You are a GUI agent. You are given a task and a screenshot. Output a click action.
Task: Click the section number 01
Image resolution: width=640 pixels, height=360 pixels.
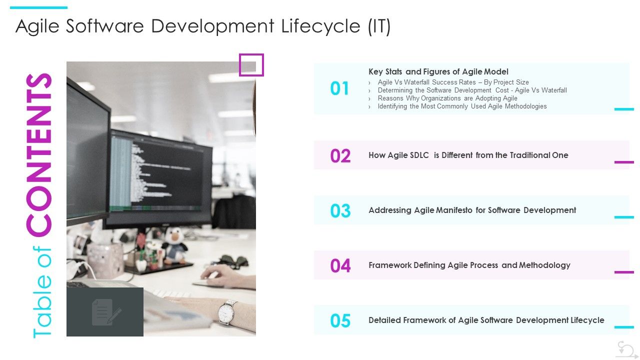pyautogui.click(x=339, y=88)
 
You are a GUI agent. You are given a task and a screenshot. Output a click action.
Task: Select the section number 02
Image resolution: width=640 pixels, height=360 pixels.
pyautogui.click(x=340, y=156)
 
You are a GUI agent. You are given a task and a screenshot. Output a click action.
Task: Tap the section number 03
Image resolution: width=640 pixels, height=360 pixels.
pyautogui.click(x=340, y=211)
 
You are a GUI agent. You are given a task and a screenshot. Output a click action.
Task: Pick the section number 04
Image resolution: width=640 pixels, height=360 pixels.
pyautogui.click(x=340, y=266)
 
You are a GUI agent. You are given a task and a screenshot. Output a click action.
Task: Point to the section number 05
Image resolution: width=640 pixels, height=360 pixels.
pyautogui.click(x=340, y=321)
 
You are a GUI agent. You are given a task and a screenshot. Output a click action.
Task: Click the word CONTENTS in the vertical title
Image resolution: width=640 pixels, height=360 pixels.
pyautogui.click(x=40, y=155)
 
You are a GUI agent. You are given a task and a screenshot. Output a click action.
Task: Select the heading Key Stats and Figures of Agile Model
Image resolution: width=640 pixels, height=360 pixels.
pyautogui.click(x=438, y=71)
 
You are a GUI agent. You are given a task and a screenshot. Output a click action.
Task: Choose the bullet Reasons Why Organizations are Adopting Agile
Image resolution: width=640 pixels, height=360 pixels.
pyautogui.click(x=447, y=98)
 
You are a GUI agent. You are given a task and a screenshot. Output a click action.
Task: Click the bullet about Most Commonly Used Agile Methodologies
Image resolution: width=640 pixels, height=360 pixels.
pyautogui.click(x=462, y=106)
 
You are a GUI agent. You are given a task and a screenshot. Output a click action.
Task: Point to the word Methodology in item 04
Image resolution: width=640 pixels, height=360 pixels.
pyautogui.click(x=544, y=265)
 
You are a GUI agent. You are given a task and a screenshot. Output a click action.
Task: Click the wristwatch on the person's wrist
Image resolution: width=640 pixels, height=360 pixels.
pyautogui.click(x=226, y=312)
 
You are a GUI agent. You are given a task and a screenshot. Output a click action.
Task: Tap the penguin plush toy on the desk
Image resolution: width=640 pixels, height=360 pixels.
pyautogui.click(x=174, y=244)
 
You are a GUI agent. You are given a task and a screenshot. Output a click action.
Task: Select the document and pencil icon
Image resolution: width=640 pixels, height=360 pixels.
pyautogui.click(x=105, y=312)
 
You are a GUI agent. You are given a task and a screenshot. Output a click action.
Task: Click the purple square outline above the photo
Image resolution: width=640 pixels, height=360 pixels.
pyautogui.click(x=251, y=65)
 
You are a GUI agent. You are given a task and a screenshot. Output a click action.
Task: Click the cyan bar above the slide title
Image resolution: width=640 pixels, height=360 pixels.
pyautogui.click(x=38, y=7)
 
